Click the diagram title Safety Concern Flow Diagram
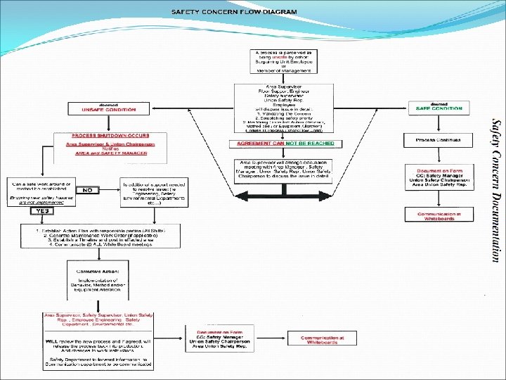point(234,12)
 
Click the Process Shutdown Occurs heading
point(111,135)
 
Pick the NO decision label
point(88,190)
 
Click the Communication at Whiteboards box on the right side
point(439,215)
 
